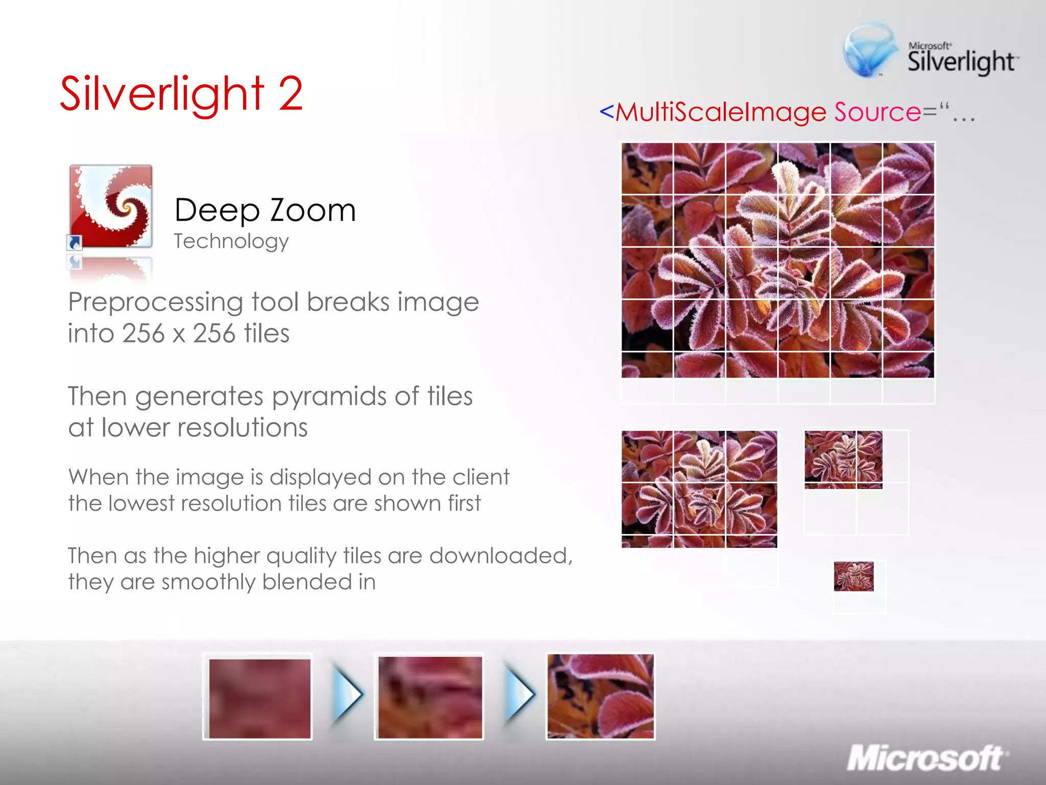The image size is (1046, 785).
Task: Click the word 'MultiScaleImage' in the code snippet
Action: click(721, 112)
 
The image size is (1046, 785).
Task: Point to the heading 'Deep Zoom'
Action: click(265, 210)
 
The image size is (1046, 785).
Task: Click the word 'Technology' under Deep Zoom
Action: click(231, 241)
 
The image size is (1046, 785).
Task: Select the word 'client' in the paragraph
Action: click(480, 477)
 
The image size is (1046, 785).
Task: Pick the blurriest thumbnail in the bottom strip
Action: click(259, 698)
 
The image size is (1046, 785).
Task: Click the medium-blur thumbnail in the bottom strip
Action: click(430, 697)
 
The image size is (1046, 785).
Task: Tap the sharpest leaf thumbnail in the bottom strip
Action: click(600, 696)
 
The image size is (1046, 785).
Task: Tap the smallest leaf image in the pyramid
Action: click(853, 576)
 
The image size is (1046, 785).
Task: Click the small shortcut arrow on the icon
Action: click(75, 242)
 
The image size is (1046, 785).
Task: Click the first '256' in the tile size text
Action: click(144, 334)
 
